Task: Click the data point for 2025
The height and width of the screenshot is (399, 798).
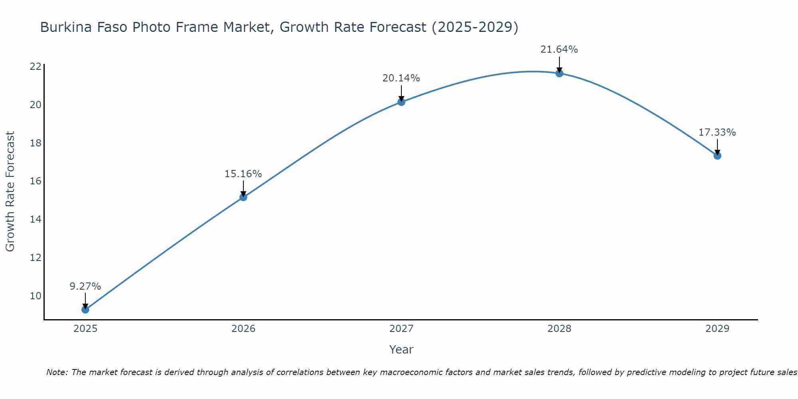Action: tap(85, 309)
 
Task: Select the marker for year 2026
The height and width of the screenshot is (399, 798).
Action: tap(243, 197)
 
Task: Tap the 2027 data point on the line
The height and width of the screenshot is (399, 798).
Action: tap(401, 102)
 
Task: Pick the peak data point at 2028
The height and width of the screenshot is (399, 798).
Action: tap(559, 73)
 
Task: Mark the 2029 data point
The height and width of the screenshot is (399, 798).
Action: tap(717, 156)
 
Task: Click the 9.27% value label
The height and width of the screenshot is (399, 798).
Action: tap(85, 286)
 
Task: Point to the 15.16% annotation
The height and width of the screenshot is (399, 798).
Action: tap(243, 174)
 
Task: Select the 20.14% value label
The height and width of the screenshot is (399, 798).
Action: tap(401, 78)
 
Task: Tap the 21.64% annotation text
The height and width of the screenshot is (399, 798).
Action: tap(559, 49)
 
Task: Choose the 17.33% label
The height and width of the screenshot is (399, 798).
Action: tap(717, 132)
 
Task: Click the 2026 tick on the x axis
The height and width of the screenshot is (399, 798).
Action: tap(243, 329)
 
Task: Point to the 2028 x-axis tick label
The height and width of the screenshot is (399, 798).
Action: tap(559, 329)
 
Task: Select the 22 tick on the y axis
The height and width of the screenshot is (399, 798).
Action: tap(36, 66)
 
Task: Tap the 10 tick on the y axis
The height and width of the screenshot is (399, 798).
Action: tap(36, 296)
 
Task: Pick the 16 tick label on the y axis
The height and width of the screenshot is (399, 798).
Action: tap(36, 181)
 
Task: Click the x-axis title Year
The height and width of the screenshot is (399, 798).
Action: tap(401, 350)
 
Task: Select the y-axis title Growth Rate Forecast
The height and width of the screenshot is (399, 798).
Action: tap(10, 192)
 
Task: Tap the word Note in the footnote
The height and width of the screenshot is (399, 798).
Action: tap(57, 372)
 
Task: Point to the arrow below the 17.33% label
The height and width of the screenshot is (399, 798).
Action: tap(717, 146)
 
